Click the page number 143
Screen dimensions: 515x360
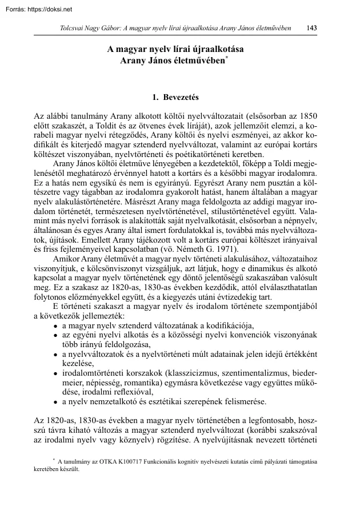(x=312, y=28)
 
